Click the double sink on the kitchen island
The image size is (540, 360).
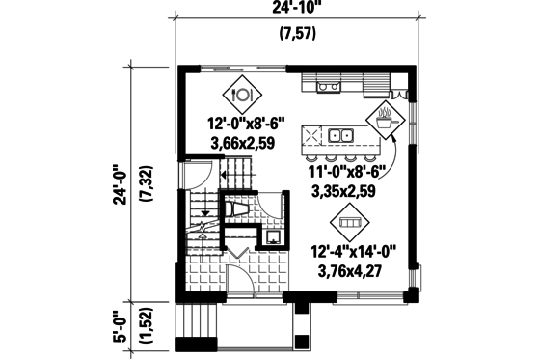tap(341, 135)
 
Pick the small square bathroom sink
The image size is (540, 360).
tap(273, 235)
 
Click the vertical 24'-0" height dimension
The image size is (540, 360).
tap(121, 182)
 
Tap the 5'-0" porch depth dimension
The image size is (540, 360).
tap(121, 327)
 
